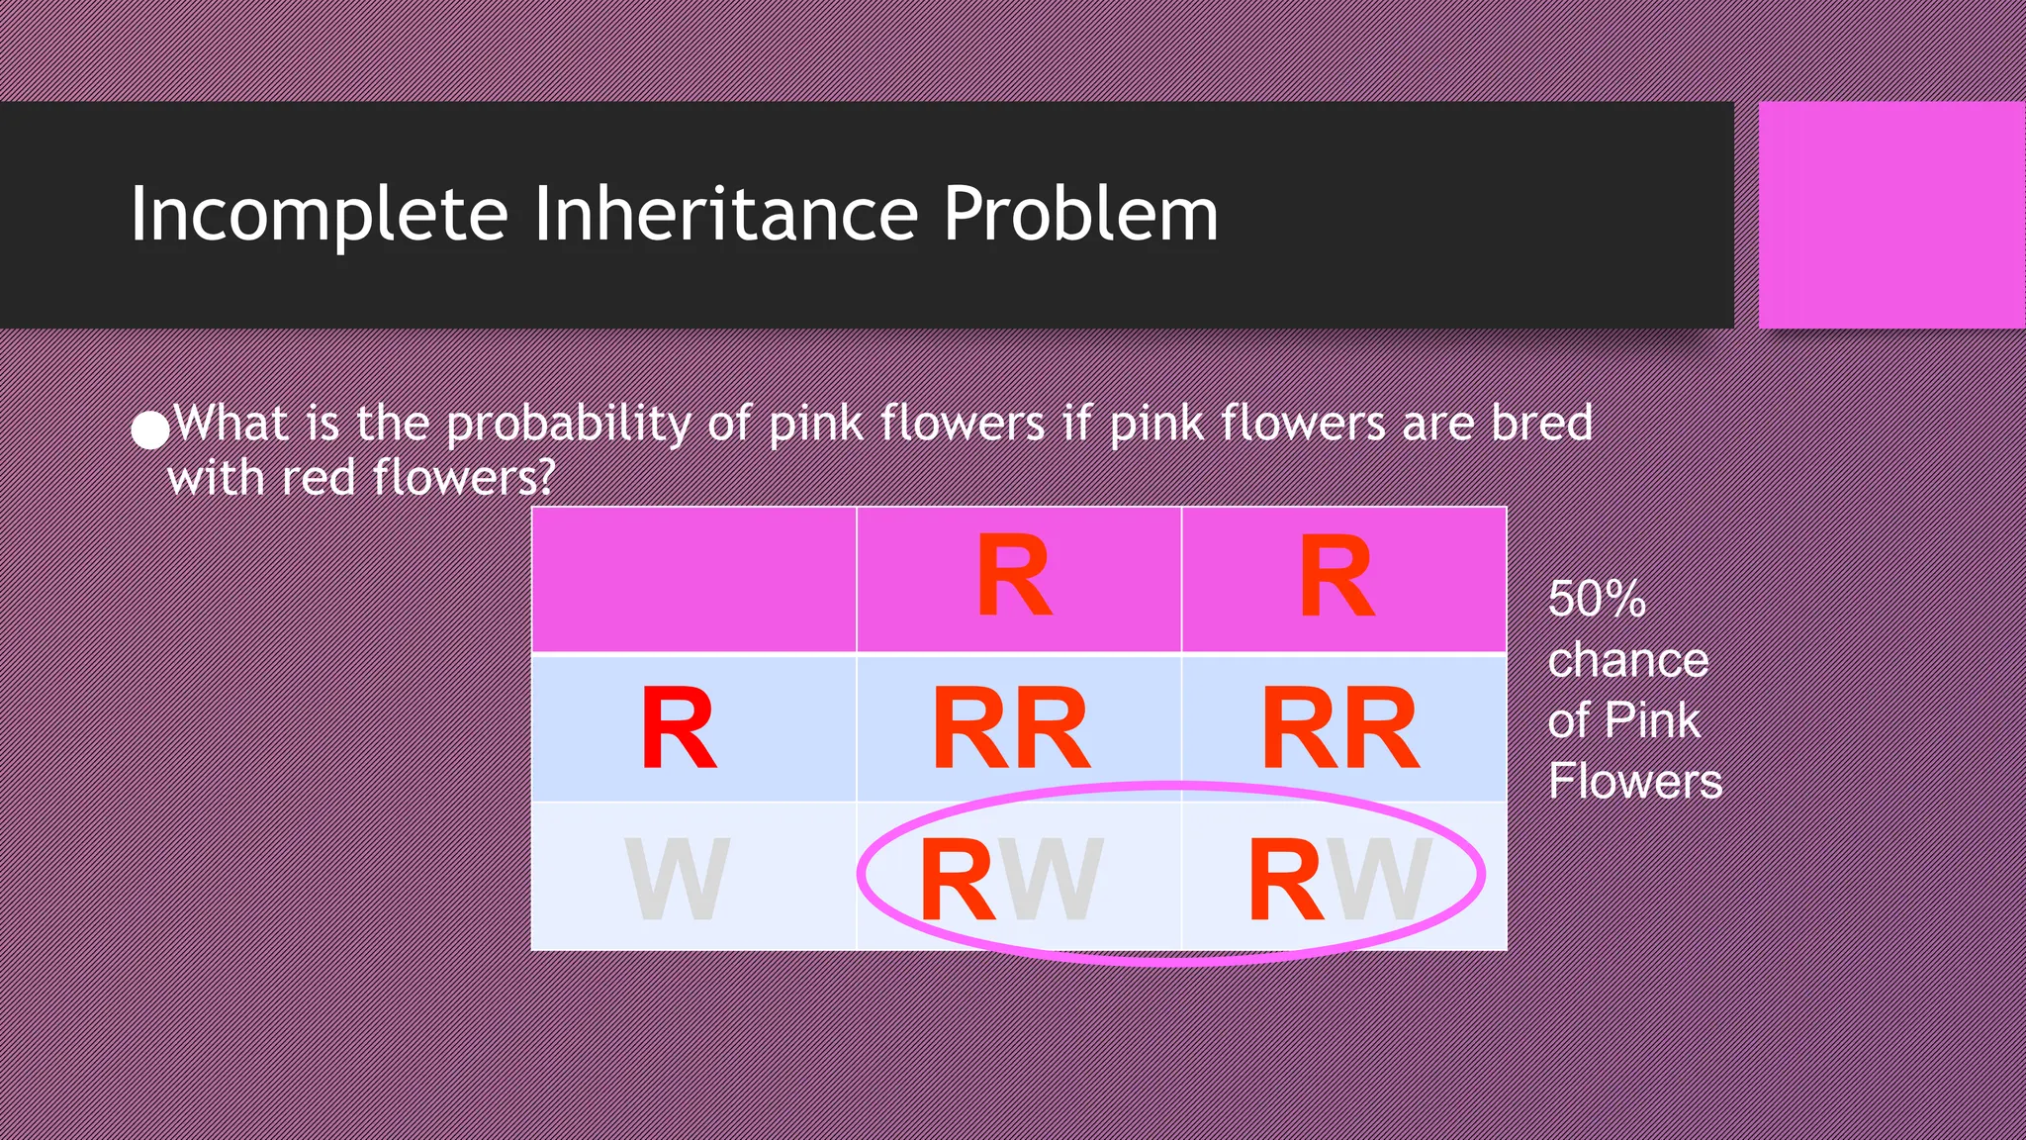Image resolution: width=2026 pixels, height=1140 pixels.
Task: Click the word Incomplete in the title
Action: pyautogui.click(x=319, y=215)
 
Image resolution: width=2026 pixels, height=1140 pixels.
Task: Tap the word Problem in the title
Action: pyautogui.click(x=1080, y=215)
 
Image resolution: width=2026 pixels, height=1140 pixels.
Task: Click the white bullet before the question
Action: pyautogui.click(x=150, y=429)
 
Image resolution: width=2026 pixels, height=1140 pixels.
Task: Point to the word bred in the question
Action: pyautogui.click(x=1542, y=423)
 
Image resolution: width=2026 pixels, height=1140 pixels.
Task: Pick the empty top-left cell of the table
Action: pyautogui.click(x=693, y=580)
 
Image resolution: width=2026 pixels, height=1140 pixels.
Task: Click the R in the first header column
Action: pyautogui.click(x=1014, y=576)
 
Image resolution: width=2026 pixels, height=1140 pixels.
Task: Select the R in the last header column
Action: pyautogui.click(x=1337, y=576)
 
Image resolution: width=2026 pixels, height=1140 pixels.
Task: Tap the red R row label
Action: pyautogui.click(x=679, y=729)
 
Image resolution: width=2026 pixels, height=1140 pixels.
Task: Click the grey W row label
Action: pyautogui.click(x=678, y=879)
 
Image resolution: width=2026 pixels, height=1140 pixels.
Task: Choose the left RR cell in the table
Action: pyautogui.click(x=1011, y=729)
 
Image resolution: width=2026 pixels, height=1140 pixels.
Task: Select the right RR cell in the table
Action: pyautogui.click(x=1340, y=729)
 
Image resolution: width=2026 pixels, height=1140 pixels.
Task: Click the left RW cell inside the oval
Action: pyautogui.click(x=1011, y=879)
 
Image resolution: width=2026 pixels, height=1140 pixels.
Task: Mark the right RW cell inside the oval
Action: pyautogui.click(x=1340, y=879)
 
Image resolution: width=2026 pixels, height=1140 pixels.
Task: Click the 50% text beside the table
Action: pyautogui.click(x=1597, y=600)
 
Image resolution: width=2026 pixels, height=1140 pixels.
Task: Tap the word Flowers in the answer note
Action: pyautogui.click(x=1634, y=781)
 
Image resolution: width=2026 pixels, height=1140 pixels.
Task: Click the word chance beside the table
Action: pyautogui.click(x=1627, y=660)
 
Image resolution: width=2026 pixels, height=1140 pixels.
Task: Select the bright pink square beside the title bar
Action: pyautogui.click(x=1891, y=215)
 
